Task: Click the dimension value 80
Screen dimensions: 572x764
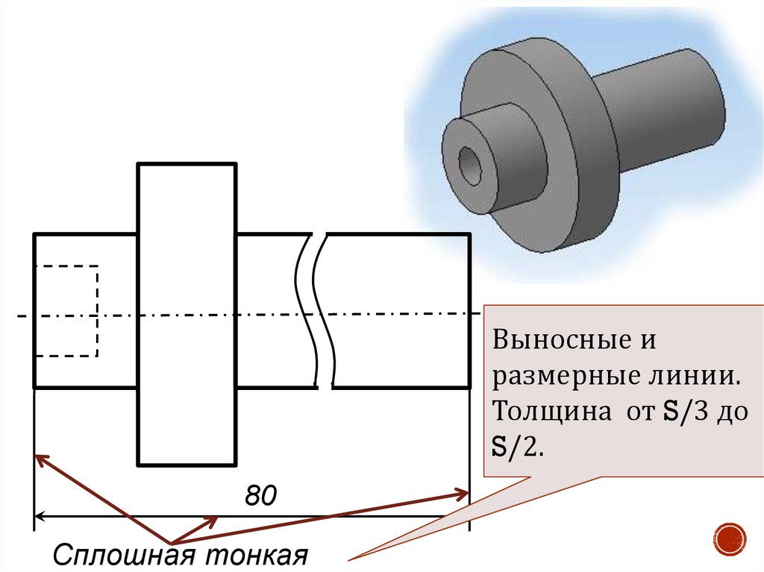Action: pos(260,496)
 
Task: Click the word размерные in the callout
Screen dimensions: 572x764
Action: pos(560,377)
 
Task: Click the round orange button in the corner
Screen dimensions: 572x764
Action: pos(730,538)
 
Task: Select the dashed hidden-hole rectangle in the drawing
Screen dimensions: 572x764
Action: pos(66,310)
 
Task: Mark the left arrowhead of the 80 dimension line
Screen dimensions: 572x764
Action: pos(40,515)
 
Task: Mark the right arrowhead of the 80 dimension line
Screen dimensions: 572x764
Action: pos(463,515)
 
